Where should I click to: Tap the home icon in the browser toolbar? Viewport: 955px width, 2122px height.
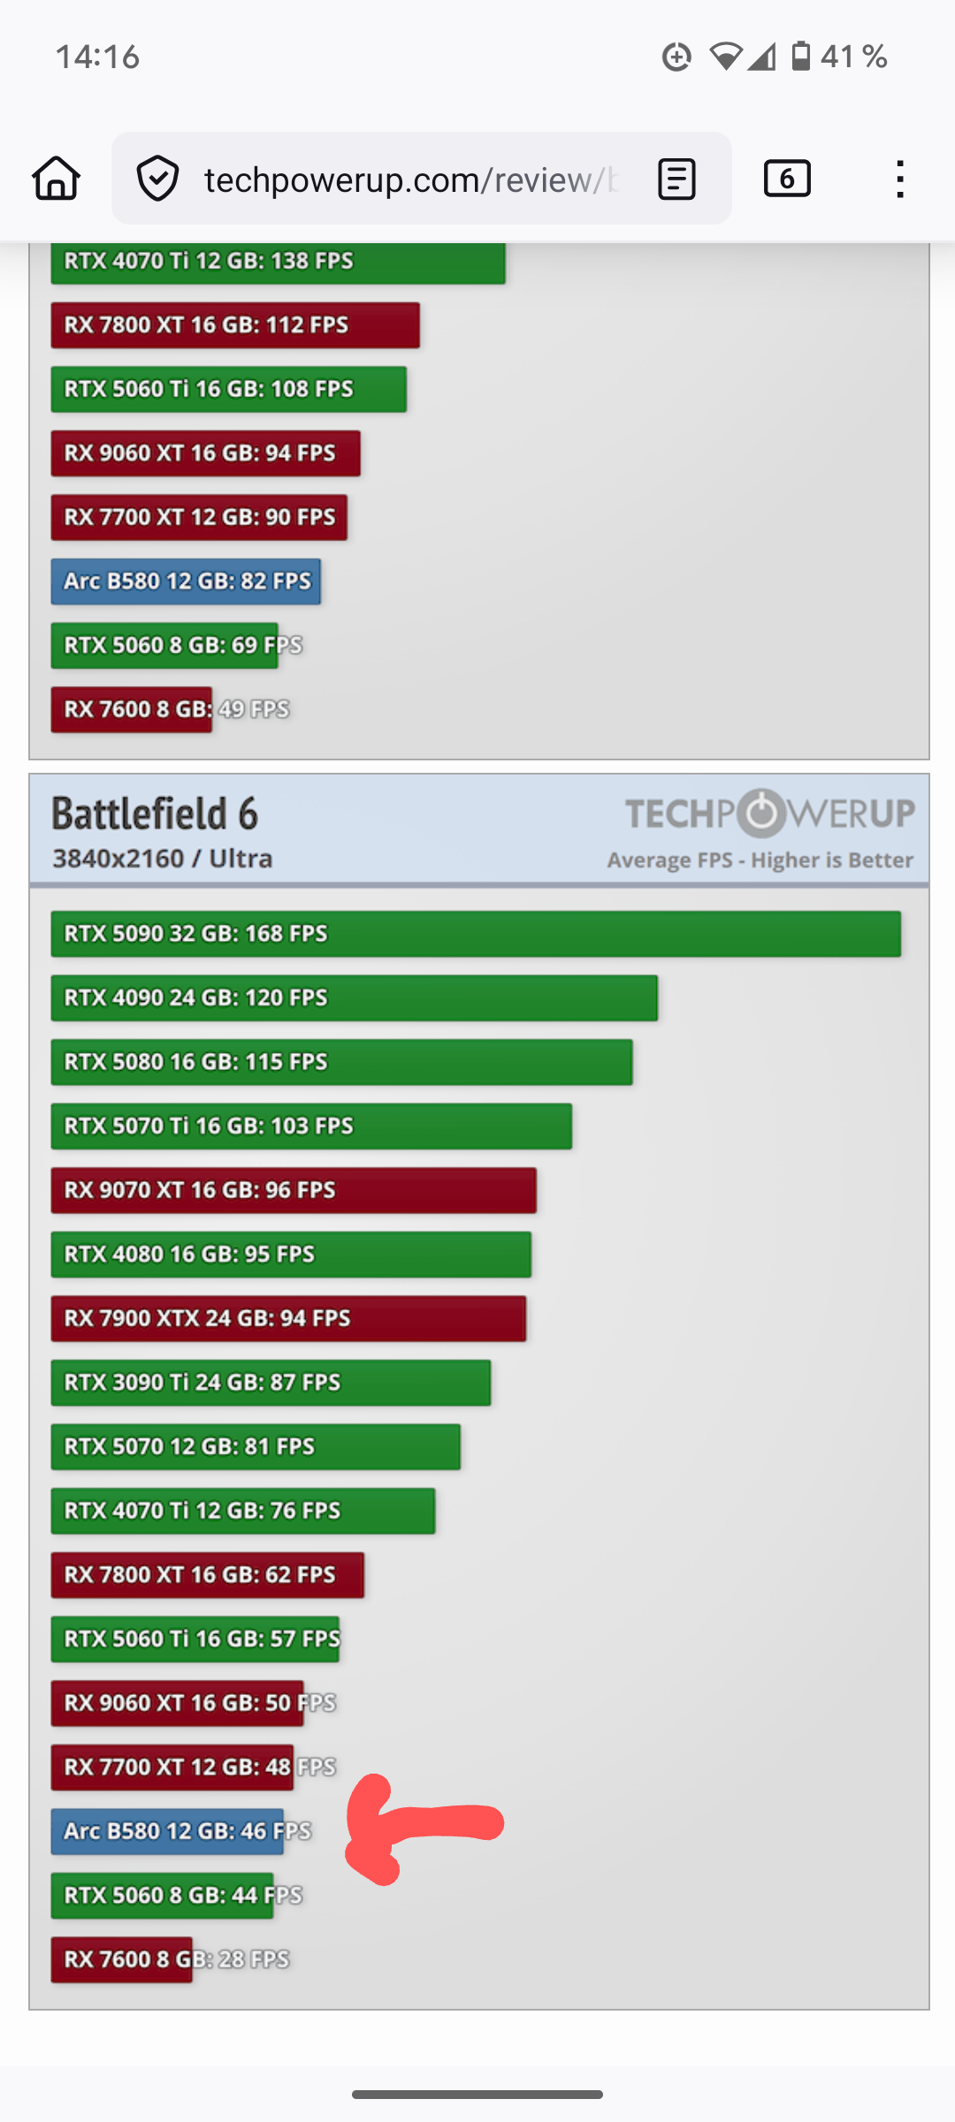(x=57, y=179)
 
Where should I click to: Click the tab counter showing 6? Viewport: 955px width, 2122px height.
(x=787, y=179)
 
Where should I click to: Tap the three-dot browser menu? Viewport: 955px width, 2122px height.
(x=899, y=179)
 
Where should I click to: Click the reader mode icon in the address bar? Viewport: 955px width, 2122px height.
(x=676, y=179)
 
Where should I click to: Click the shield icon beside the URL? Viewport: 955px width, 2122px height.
(x=158, y=179)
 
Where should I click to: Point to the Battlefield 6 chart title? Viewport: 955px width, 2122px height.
(x=155, y=813)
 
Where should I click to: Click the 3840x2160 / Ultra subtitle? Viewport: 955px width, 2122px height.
(x=163, y=859)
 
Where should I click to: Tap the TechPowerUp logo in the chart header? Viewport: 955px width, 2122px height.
(x=769, y=813)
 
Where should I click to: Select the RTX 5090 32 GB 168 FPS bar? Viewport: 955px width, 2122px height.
(x=476, y=934)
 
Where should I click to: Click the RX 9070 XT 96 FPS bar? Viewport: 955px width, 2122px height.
(x=294, y=1190)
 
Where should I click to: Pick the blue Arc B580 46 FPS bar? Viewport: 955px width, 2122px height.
(x=167, y=1831)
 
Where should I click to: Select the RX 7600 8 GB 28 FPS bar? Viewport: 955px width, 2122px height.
(x=121, y=1959)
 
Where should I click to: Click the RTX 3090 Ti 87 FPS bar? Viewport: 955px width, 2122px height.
(x=271, y=1383)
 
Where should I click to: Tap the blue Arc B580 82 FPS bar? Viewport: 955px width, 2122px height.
(x=186, y=582)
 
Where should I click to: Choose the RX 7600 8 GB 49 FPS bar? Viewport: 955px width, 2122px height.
(x=131, y=710)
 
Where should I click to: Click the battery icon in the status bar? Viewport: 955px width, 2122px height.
(x=801, y=57)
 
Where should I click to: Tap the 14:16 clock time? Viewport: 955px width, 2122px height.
(x=97, y=57)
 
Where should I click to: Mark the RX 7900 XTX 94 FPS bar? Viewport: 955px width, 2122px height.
(x=288, y=1318)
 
